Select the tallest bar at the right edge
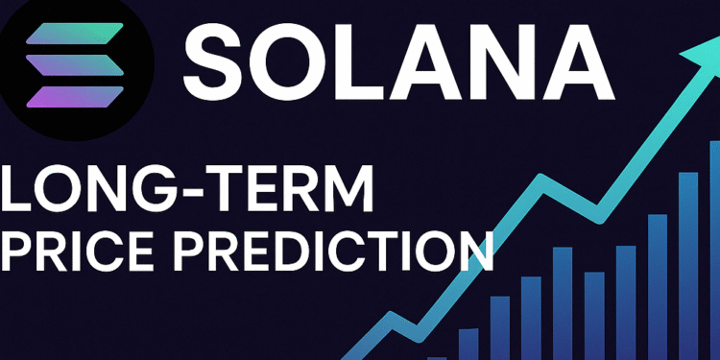click(714, 250)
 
